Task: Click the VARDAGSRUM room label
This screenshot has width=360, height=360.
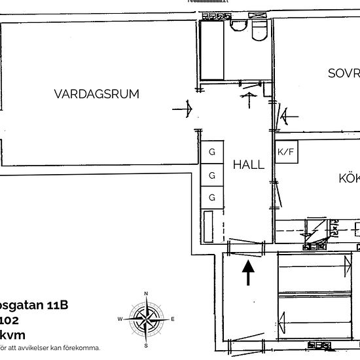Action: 96,94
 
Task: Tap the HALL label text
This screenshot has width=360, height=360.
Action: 249,165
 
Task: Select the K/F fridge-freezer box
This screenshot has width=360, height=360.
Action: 286,153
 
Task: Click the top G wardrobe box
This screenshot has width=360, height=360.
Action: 212,153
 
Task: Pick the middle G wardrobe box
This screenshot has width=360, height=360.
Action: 212,175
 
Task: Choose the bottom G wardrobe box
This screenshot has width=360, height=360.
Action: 212,197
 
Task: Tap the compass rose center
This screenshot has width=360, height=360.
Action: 146,319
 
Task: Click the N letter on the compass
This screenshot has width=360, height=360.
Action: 146,293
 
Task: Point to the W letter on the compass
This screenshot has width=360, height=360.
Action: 120,319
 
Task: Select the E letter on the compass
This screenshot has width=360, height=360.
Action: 172,319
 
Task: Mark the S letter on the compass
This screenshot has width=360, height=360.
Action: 146,345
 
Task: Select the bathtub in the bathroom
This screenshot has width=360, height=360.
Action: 211,51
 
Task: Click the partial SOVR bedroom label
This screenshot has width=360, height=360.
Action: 344,73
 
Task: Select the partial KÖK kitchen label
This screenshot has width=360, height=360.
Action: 349,178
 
